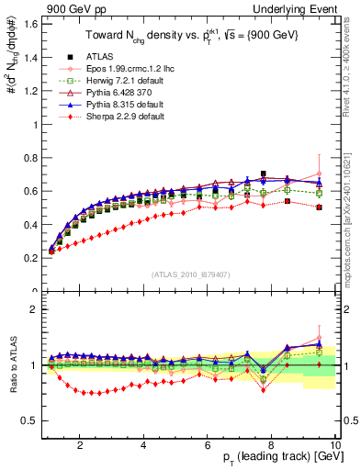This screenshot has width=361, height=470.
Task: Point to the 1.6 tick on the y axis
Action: [31, 23]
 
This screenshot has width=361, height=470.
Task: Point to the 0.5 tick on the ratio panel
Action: [31, 420]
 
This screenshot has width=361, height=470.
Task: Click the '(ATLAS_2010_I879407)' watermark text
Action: [189, 273]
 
